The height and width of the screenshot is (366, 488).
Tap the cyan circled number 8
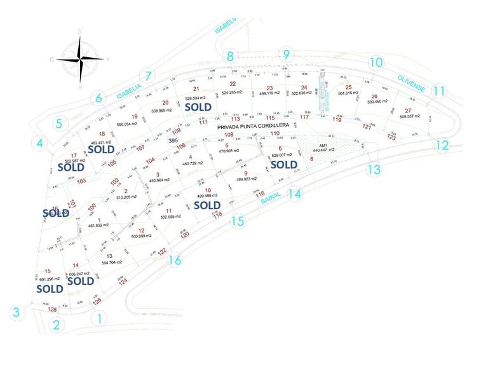point(231,56)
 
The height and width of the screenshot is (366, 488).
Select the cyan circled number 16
point(175,260)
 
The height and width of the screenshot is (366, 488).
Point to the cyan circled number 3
point(17,313)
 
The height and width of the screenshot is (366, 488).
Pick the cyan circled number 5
point(58,123)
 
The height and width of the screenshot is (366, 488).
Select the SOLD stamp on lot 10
point(207,205)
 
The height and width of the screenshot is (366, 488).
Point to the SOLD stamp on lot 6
point(284,164)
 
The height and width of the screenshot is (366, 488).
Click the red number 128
point(53,310)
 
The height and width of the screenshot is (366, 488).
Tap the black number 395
point(173,140)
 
